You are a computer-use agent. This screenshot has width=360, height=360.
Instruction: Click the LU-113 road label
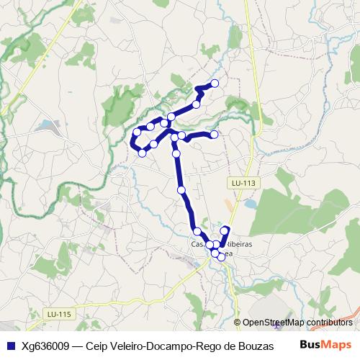[x=243, y=184]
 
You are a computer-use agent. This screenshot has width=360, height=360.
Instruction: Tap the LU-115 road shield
[x=58, y=314]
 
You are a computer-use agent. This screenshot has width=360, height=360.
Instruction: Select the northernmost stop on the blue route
[x=215, y=84]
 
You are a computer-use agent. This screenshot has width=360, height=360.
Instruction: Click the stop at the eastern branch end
[x=214, y=134]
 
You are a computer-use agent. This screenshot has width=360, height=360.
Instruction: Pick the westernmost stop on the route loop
[x=137, y=132]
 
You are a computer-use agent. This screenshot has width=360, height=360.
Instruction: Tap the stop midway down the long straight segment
[x=181, y=190]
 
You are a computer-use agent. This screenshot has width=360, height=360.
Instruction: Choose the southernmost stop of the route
[x=220, y=257]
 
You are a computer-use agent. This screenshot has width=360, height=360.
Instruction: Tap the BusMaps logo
[x=325, y=345]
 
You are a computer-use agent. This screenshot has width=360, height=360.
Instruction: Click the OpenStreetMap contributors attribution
[x=293, y=323]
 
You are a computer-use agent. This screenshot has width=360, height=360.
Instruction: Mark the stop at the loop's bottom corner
[x=143, y=153]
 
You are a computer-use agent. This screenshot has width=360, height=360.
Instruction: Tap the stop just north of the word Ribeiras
[x=225, y=230]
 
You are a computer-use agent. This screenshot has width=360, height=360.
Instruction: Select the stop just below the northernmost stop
[x=196, y=104]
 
